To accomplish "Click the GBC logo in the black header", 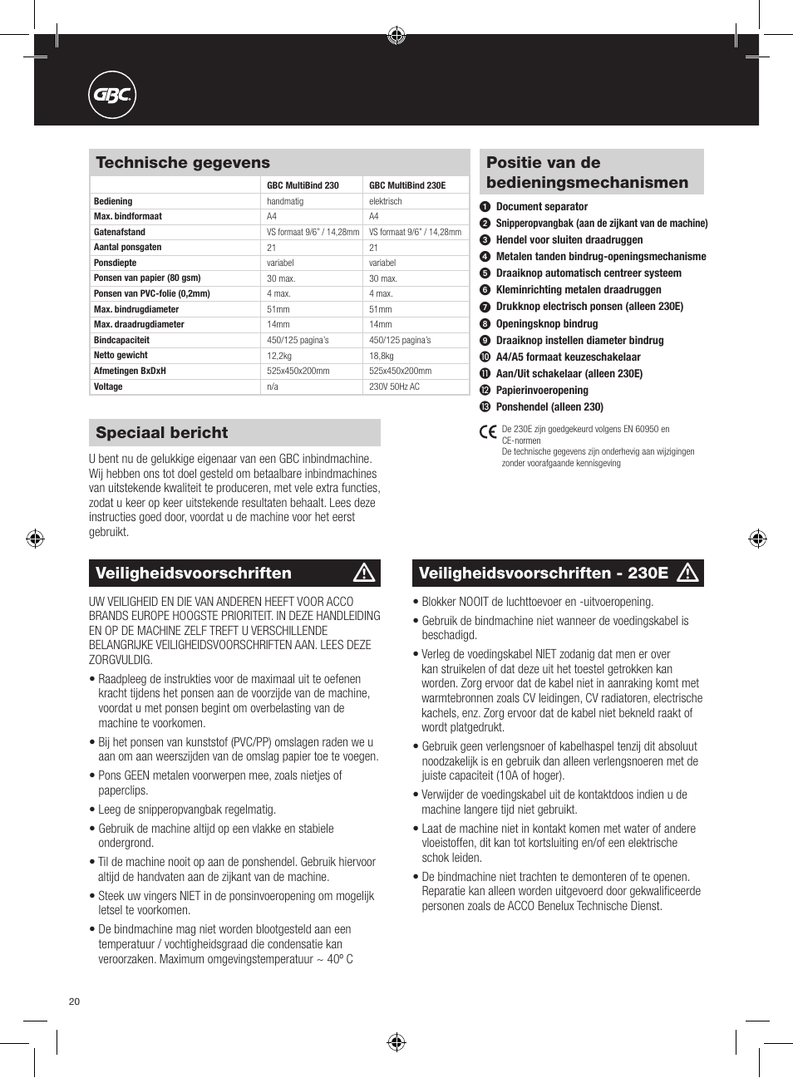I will (112, 96).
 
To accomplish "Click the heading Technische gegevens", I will (183, 163).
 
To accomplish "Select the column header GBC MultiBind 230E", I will (407, 185).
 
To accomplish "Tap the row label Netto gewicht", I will (121, 356).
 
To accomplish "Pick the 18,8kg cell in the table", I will (381, 356).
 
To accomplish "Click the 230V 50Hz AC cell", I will (394, 387).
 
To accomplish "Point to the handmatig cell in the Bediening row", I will (285, 201).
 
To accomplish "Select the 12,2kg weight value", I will (278, 356).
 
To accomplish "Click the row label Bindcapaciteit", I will (121, 340).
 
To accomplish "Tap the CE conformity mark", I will (488, 431).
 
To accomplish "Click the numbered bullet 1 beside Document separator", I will (485, 207).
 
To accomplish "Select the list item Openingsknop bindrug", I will (546, 324).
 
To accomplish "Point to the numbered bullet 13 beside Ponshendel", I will (485, 407).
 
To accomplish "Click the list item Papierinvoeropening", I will (541, 391).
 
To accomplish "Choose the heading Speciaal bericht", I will (162, 433).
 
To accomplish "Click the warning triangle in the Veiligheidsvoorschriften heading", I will (364, 573).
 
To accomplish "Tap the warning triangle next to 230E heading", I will (687, 573).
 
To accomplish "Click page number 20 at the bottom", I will (74, 1002).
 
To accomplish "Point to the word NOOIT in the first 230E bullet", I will (474, 602).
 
